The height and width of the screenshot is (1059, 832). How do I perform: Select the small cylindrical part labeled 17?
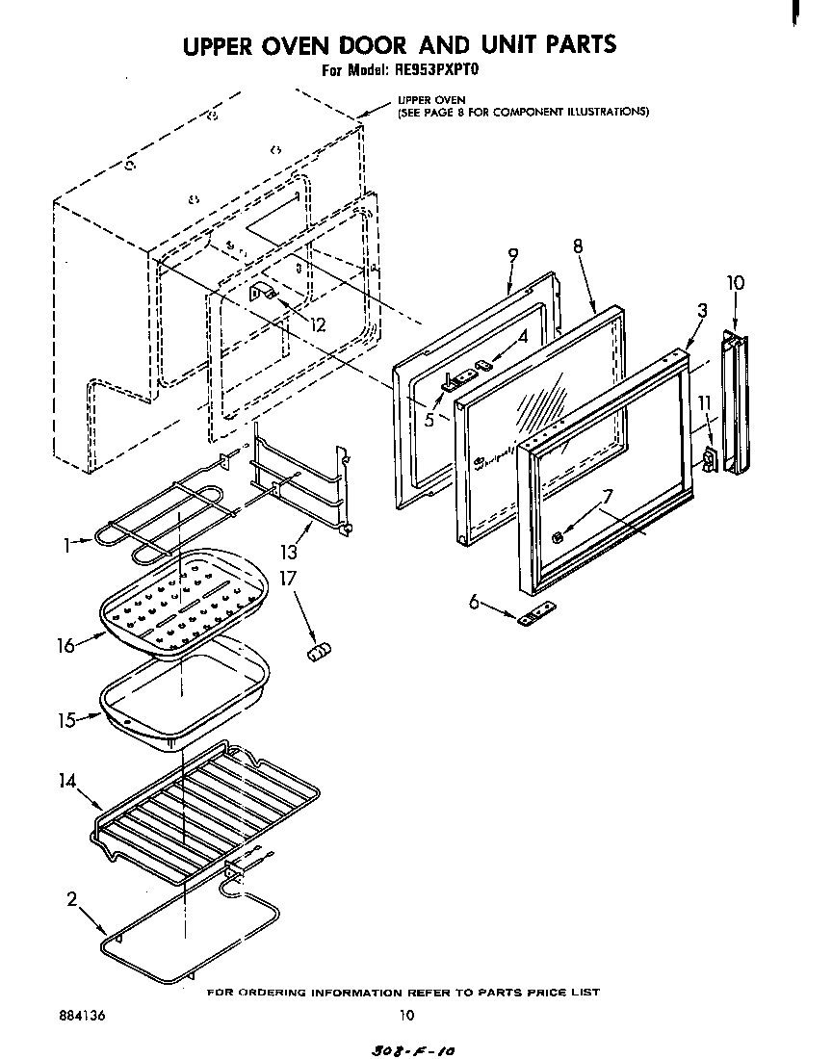click(x=318, y=653)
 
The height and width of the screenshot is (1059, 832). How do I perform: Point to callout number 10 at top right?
click(x=736, y=284)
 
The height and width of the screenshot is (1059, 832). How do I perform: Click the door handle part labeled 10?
click(x=736, y=404)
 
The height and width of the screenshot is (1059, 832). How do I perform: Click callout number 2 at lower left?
click(x=72, y=900)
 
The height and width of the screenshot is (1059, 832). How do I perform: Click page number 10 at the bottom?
click(x=406, y=1014)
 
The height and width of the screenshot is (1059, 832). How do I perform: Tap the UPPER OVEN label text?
click(x=431, y=100)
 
